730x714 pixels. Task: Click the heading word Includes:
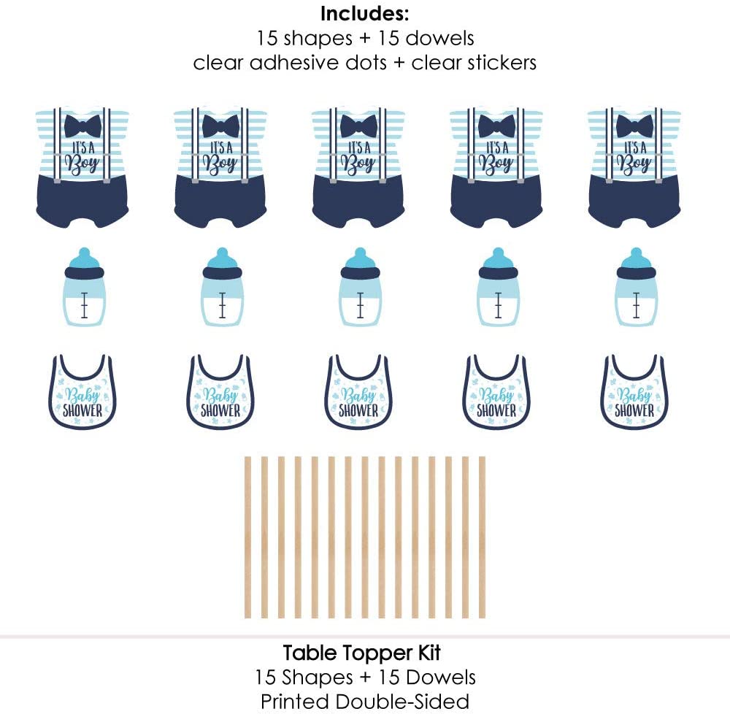(365, 13)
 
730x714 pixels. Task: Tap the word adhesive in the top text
(319, 63)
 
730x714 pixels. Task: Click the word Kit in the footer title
(429, 652)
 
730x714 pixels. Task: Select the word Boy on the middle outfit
(358, 163)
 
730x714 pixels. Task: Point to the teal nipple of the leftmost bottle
(83, 258)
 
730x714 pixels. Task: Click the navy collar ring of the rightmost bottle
(635, 273)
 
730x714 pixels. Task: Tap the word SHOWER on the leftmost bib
(82, 410)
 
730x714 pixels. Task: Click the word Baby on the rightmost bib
(634, 396)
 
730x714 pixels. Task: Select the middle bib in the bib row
(358, 392)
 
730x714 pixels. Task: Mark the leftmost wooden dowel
(248, 537)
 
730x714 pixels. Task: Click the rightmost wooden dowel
(482, 537)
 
